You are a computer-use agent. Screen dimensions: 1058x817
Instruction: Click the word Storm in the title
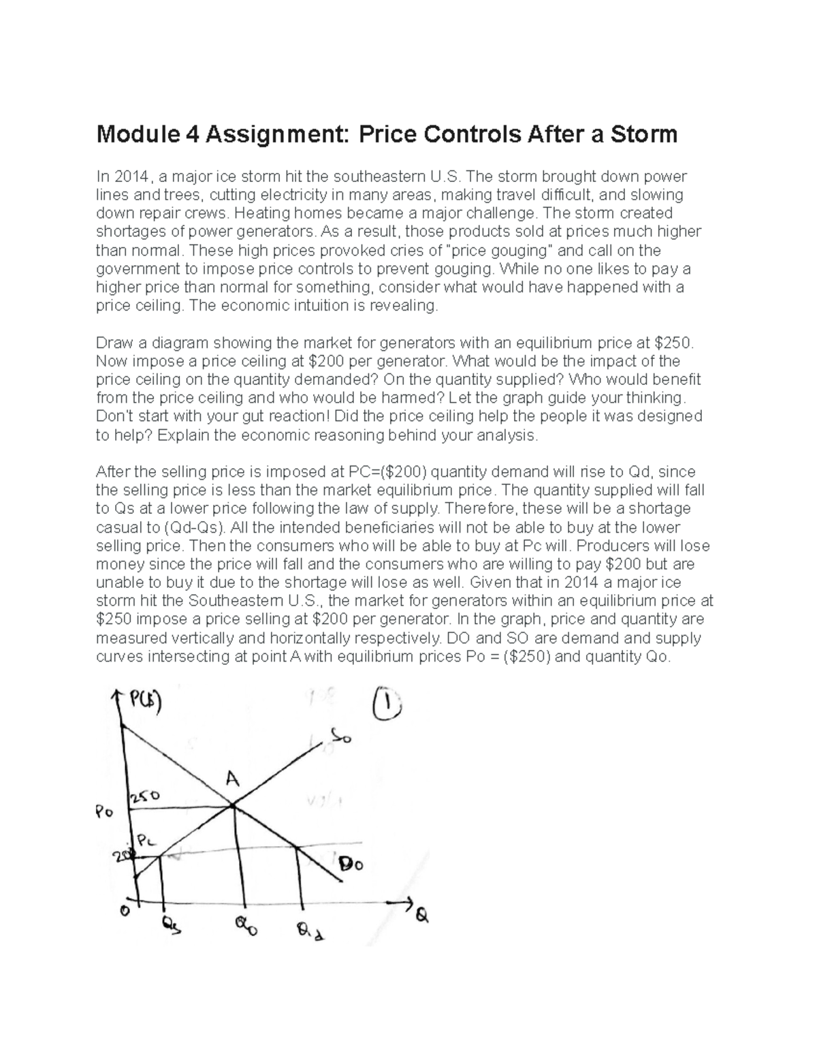(643, 134)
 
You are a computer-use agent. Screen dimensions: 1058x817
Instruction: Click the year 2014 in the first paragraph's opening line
(131, 177)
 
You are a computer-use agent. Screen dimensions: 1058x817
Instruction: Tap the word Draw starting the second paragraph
(113, 342)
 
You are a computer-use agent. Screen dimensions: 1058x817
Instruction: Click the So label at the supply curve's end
(341, 736)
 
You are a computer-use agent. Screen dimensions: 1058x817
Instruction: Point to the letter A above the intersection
(232, 781)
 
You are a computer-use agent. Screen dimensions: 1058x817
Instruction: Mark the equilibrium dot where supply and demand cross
(233, 806)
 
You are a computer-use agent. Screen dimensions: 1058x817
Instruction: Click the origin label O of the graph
(124, 912)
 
